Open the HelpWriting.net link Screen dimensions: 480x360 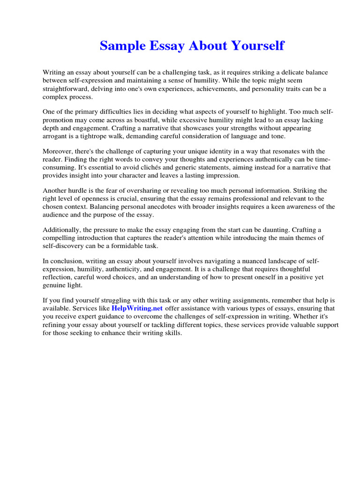pos(137,308)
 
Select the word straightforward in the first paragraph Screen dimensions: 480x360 pos(66,89)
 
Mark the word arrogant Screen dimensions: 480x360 pos(56,136)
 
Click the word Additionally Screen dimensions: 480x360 pos(62,230)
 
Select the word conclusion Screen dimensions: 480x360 pos(66,261)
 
